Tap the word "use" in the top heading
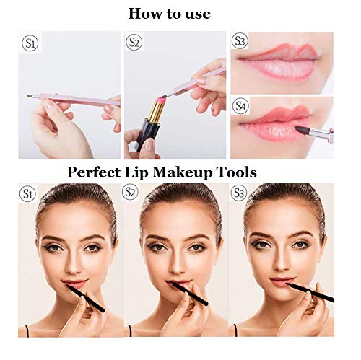pos(215,13)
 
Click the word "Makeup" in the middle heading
pos(188,172)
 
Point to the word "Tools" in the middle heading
pos(239,172)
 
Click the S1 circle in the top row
pos(31,44)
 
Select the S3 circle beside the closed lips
pos(241,41)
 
